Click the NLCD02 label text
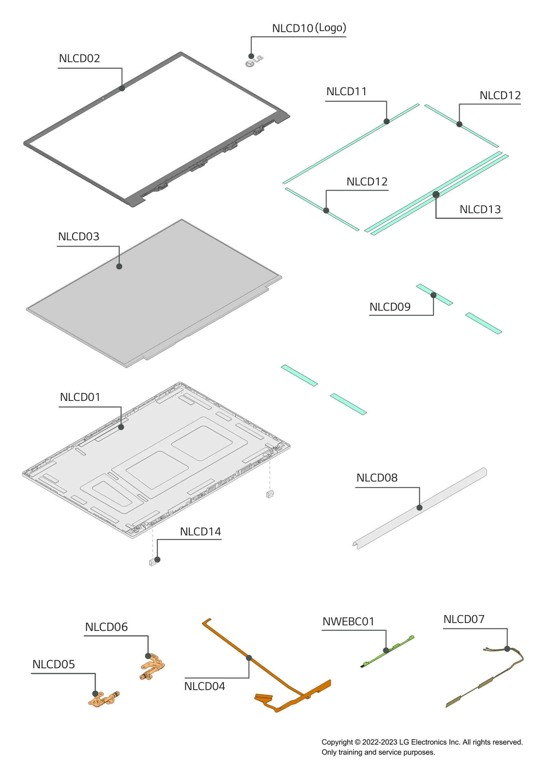point(79,58)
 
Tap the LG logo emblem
point(254,61)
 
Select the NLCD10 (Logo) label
point(309,28)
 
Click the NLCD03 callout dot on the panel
point(119,266)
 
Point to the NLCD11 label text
point(346,92)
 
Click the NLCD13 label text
point(480,209)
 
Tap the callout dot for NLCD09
point(433,295)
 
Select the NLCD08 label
point(377,478)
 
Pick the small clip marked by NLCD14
point(152,562)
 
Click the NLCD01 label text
point(80,397)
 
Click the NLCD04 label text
point(204,686)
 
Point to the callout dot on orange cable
point(249,658)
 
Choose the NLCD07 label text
point(464,619)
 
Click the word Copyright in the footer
point(337,742)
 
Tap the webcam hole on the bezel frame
point(103,98)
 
